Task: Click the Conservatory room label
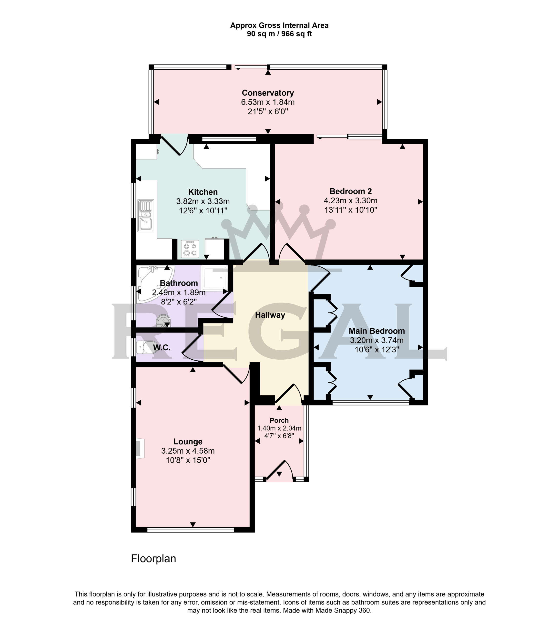click(x=268, y=93)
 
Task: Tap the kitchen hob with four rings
click(x=190, y=249)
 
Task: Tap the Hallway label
click(x=270, y=315)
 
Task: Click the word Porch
click(x=279, y=420)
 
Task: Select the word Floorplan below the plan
click(x=153, y=558)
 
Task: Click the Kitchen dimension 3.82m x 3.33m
click(x=203, y=201)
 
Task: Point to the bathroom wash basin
click(x=163, y=321)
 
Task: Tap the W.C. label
click(x=162, y=347)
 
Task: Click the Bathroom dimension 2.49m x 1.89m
click(x=179, y=292)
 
